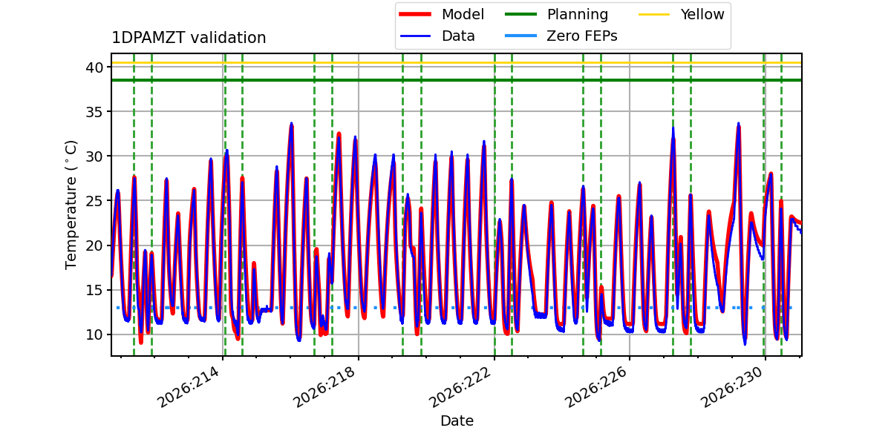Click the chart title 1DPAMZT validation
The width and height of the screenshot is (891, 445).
(189, 38)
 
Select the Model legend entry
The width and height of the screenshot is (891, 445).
(442, 14)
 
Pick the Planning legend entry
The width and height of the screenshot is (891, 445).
(556, 14)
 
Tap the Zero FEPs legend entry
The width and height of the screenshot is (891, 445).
(561, 36)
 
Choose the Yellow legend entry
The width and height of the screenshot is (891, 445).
(682, 14)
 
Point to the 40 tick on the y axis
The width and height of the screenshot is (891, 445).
(94, 67)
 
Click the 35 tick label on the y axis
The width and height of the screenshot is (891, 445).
(94, 112)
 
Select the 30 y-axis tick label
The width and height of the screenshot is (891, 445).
(94, 156)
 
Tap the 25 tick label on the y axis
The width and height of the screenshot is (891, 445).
(94, 201)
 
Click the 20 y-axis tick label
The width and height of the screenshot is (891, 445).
(94, 245)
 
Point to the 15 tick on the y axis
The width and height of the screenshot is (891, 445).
(94, 290)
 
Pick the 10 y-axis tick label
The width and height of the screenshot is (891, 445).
(94, 334)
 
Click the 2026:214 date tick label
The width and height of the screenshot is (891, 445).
(188, 387)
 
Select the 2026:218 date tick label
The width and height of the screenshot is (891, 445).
(324, 387)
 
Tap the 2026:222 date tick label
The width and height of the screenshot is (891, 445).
(460, 387)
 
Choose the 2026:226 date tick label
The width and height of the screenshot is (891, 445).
(595, 387)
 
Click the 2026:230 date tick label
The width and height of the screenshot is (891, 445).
(731, 387)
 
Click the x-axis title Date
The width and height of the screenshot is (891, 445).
(457, 421)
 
